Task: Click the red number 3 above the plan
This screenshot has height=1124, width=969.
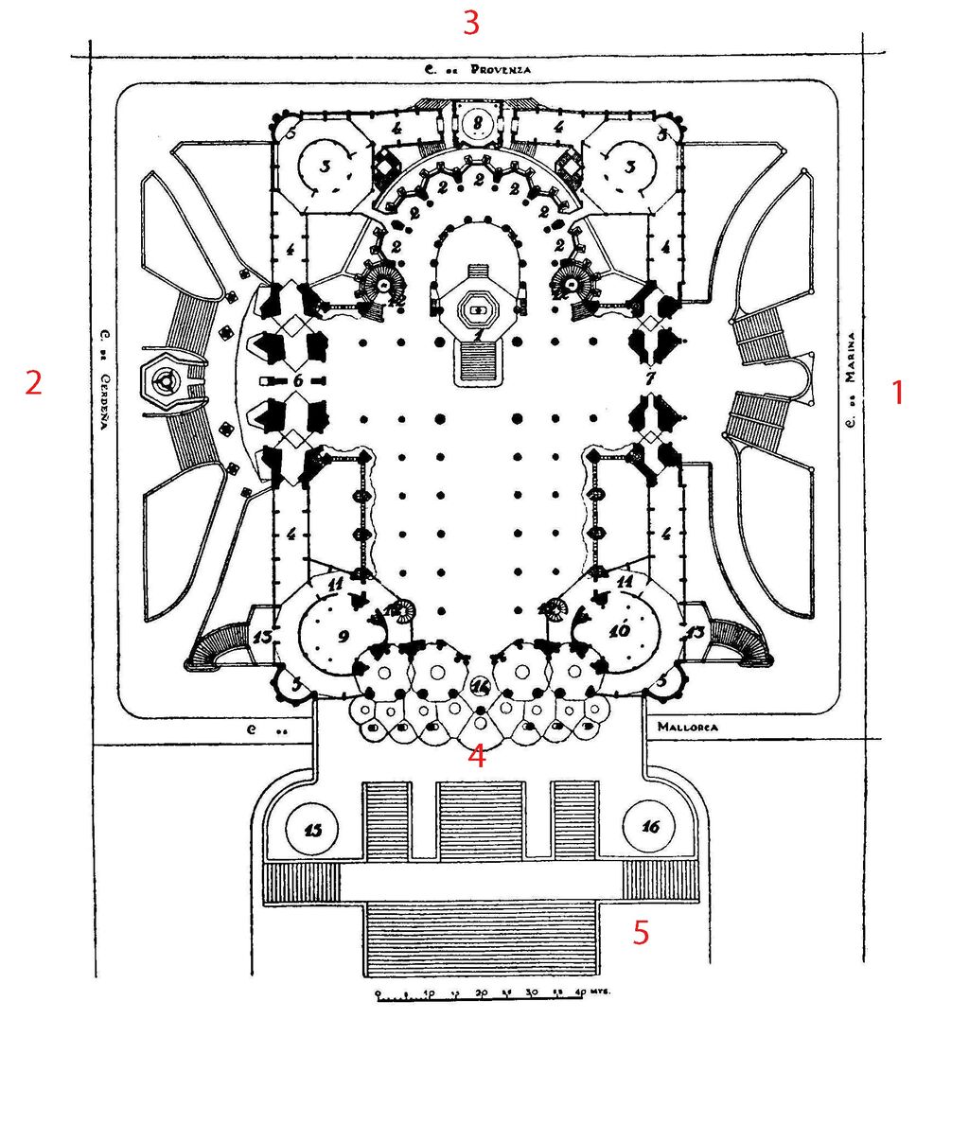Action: click(x=470, y=22)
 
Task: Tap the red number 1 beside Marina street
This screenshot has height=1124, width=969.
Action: click(x=898, y=392)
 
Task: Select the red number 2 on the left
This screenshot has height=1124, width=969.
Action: click(x=34, y=383)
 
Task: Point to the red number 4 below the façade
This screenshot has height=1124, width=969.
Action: click(x=477, y=756)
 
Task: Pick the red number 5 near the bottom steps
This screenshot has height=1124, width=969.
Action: click(x=641, y=933)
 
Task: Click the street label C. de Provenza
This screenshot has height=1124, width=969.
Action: click(x=477, y=70)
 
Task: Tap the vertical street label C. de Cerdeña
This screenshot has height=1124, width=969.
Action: click(x=104, y=379)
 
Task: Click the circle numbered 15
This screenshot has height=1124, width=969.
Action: click(x=314, y=830)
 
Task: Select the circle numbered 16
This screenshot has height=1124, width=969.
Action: click(x=650, y=827)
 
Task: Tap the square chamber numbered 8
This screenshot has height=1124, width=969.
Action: click(x=479, y=121)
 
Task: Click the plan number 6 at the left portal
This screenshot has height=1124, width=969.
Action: click(x=296, y=379)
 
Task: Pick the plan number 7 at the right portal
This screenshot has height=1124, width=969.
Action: click(x=649, y=378)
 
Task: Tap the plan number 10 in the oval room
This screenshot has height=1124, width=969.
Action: click(x=620, y=630)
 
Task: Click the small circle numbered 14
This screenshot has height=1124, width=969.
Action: click(x=481, y=685)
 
